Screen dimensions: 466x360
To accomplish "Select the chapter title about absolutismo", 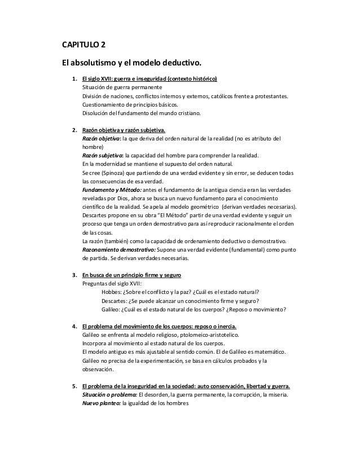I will click(131, 61).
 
